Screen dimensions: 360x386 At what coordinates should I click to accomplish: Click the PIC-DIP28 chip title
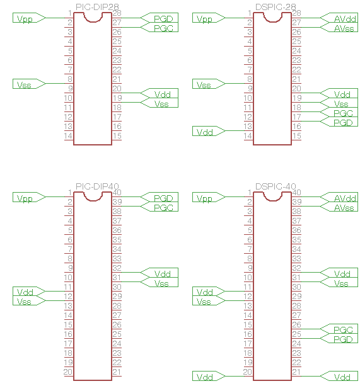pos(97,7)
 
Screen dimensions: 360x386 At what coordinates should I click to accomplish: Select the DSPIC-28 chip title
pos(276,7)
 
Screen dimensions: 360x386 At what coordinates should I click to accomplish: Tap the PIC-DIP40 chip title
pos(97,186)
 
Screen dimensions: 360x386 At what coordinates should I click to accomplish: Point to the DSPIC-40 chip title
pos(276,186)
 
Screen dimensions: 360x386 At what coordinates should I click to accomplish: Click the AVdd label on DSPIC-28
pos(345,19)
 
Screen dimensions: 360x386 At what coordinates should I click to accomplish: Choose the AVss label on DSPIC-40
pos(344,208)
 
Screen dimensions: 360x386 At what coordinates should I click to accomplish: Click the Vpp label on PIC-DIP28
pos(25,19)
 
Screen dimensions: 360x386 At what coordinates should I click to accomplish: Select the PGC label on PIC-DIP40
pos(163,208)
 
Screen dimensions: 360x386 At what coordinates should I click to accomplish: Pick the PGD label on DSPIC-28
pos(343,123)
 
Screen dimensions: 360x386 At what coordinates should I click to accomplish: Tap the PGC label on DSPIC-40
pos(343,330)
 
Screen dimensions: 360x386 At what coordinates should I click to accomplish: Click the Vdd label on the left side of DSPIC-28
pos(205,132)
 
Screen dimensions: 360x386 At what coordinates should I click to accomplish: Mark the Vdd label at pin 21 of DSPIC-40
pos(342,377)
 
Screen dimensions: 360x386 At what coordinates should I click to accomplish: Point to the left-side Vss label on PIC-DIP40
pos(24,302)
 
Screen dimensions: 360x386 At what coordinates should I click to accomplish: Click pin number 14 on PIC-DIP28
pos(68,136)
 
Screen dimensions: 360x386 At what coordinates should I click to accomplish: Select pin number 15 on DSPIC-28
pos(297,136)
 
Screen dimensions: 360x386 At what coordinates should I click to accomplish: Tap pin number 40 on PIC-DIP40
pos(117,192)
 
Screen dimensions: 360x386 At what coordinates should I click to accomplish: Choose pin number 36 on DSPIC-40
pos(297,230)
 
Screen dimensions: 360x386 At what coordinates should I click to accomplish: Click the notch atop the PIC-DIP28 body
pos(93,20)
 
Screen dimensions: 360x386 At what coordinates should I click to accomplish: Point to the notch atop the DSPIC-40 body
pos(272,199)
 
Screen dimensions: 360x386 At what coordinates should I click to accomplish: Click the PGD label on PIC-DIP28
pos(163,19)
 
